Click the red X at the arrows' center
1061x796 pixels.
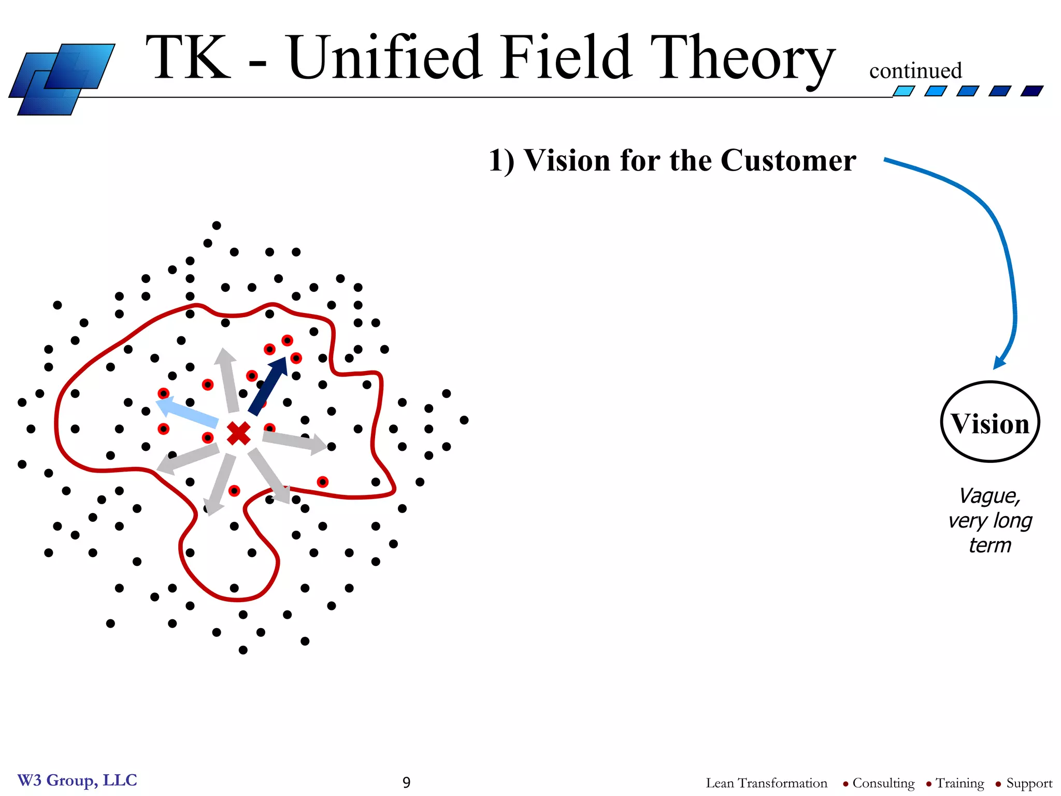tap(239, 433)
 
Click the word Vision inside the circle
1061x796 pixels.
tap(990, 424)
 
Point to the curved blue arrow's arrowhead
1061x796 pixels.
tap(999, 363)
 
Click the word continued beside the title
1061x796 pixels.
tap(915, 71)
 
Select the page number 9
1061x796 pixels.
tap(406, 782)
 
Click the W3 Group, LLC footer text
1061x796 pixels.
tap(77, 780)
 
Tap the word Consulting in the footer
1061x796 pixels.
tap(883, 783)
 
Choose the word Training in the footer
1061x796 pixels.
tap(959, 783)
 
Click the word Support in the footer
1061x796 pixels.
tap(1029, 783)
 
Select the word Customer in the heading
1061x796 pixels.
tap(788, 160)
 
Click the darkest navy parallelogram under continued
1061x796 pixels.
tap(1031, 91)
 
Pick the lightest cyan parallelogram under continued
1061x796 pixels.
tap(904, 91)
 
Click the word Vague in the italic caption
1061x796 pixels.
tap(989, 496)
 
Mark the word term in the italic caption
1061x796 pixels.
tap(990, 545)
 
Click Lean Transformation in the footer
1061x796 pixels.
tap(766, 783)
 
